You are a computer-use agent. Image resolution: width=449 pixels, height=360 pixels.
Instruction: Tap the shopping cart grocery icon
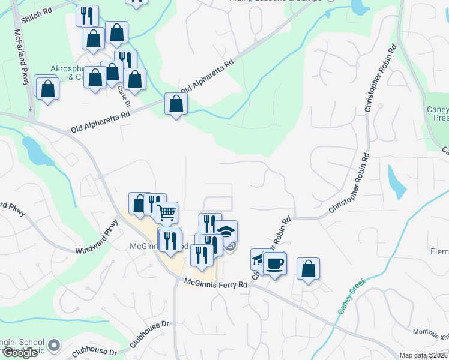(x=166, y=212)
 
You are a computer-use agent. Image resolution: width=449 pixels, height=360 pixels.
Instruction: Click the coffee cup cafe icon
(x=275, y=263)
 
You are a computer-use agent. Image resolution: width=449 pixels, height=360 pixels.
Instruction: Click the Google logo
(x=20, y=352)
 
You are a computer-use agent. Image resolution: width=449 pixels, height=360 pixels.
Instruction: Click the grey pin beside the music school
(x=54, y=345)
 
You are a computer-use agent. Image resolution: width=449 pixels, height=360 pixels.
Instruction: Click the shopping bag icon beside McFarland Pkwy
(x=48, y=89)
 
